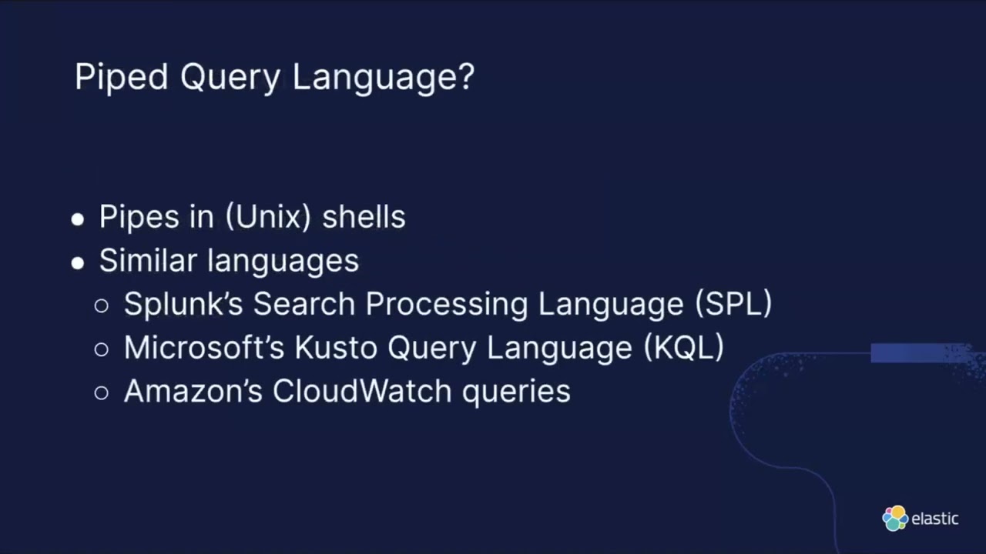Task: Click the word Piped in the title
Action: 121,78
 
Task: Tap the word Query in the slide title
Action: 230,78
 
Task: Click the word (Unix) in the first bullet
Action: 268,217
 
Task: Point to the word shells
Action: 364,217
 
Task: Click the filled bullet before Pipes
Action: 77,219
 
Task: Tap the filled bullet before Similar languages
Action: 77,263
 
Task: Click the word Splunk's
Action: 183,304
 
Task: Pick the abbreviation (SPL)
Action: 733,304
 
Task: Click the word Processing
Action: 447,305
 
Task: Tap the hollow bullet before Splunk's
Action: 102,306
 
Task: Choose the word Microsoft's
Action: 204,348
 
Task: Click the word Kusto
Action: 337,348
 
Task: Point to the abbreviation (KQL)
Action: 683,348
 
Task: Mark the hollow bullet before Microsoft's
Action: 102,350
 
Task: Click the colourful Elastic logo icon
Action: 895,519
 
